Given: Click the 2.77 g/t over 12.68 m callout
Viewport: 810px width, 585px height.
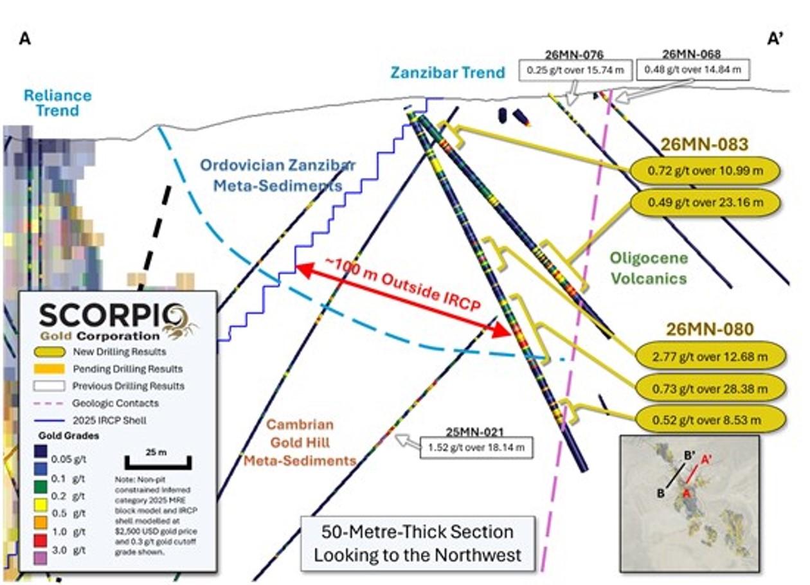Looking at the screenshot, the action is click(710, 357).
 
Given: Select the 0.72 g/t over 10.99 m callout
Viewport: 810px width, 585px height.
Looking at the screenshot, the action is click(705, 170).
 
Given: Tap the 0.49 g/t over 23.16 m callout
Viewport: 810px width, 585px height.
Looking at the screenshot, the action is click(705, 203).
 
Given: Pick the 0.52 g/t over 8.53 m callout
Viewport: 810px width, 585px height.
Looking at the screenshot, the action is click(710, 420).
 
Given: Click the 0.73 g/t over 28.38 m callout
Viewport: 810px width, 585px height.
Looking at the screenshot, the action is click(710, 389).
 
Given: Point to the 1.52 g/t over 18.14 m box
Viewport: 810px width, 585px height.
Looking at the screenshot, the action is click(476, 447).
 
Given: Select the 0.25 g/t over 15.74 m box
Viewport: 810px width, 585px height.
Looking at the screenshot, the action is click(575, 70).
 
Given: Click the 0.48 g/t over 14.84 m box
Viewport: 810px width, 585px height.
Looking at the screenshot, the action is click(692, 69).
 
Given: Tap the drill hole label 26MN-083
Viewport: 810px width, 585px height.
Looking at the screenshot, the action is click(705, 144).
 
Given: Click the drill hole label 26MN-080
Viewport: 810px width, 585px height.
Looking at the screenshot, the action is click(710, 329).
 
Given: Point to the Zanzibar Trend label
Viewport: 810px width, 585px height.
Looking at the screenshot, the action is click(447, 72).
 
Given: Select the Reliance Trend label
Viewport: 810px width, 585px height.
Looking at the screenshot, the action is click(57, 103).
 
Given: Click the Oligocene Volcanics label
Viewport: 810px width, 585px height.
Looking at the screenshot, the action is click(649, 268).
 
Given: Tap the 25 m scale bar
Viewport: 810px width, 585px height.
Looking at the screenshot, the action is click(158, 463).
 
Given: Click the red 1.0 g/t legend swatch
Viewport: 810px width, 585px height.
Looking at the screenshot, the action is click(40, 540).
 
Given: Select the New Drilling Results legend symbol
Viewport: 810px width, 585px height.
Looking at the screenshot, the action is click(49, 352).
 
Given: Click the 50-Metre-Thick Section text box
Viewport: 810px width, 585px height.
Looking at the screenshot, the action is click(418, 544).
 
